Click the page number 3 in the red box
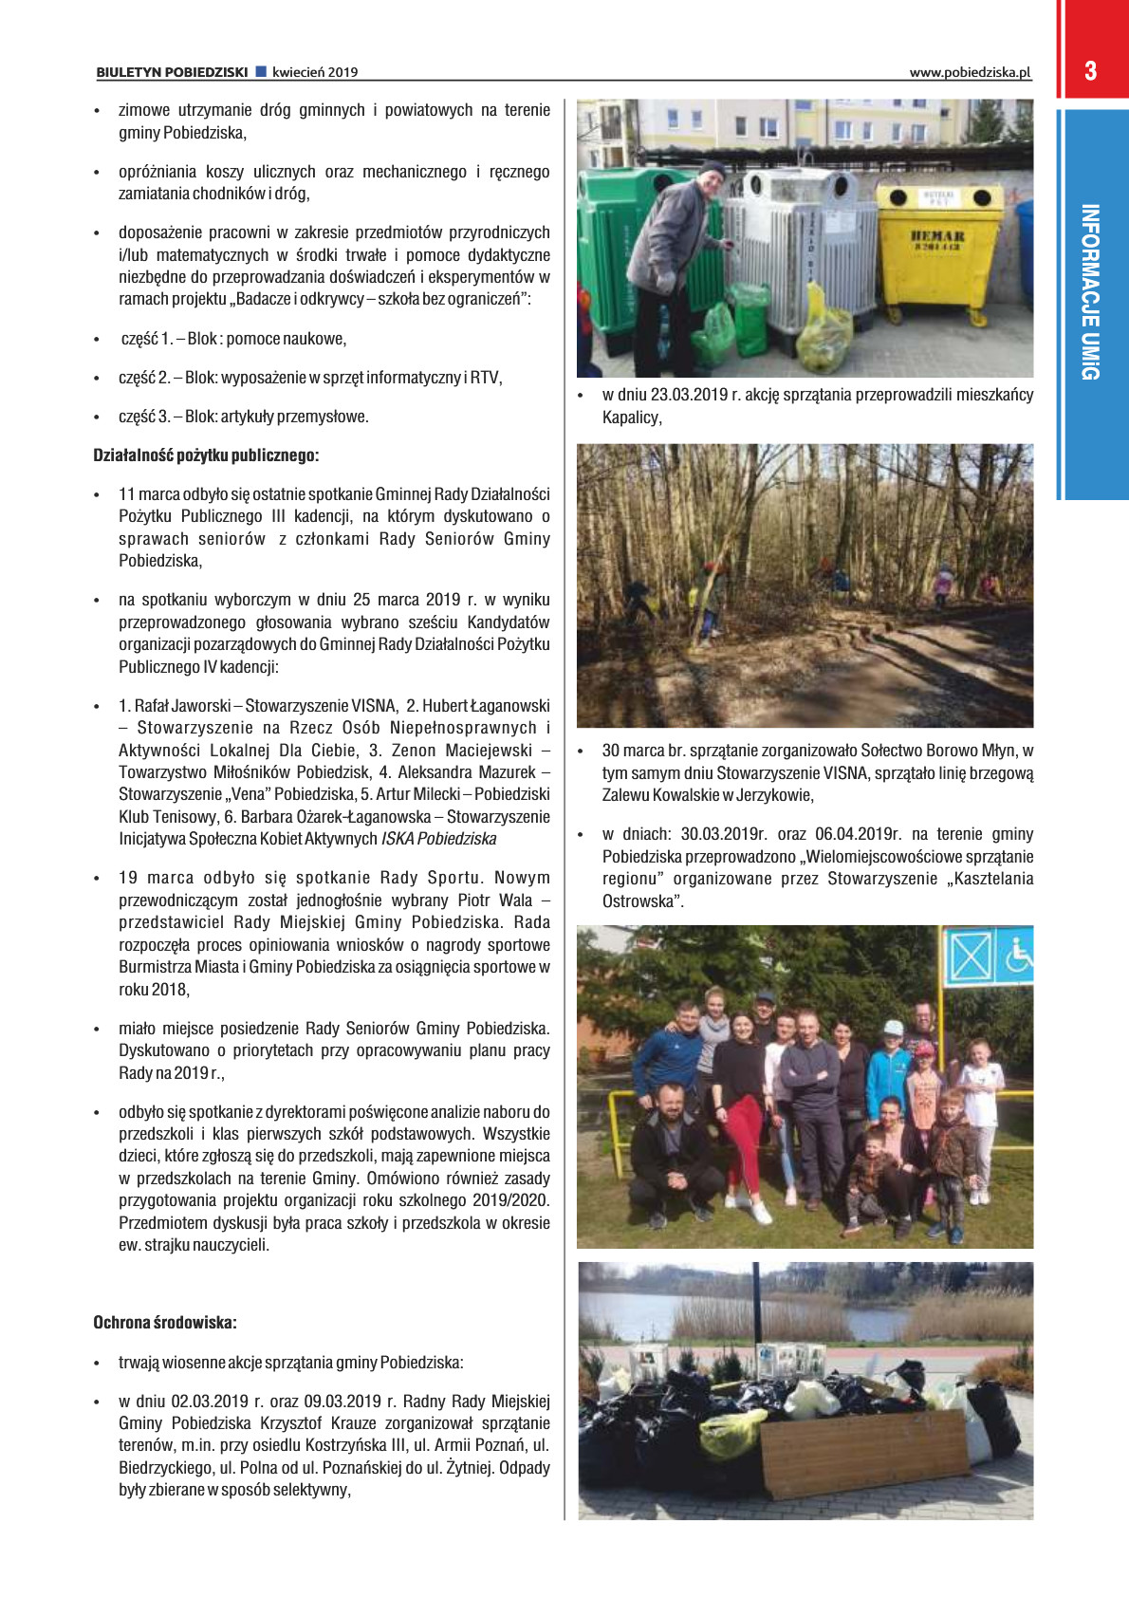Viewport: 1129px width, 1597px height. click(x=1090, y=71)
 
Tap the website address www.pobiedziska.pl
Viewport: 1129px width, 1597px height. click(x=970, y=72)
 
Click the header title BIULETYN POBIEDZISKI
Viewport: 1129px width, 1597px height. click(x=172, y=72)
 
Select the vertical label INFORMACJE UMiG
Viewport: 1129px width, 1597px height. click(x=1091, y=291)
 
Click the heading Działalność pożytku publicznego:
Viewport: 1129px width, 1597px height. click(x=206, y=455)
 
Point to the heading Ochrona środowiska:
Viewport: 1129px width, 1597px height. click(x=165, y=1322)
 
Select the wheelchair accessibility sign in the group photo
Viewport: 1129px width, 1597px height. click(x=1018, y=955)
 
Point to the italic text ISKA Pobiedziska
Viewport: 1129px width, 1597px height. click(x=438, y=839)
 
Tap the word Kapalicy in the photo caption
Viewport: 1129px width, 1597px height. click(x=630, y=418)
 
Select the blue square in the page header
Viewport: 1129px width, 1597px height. click(x=261, y=72)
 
